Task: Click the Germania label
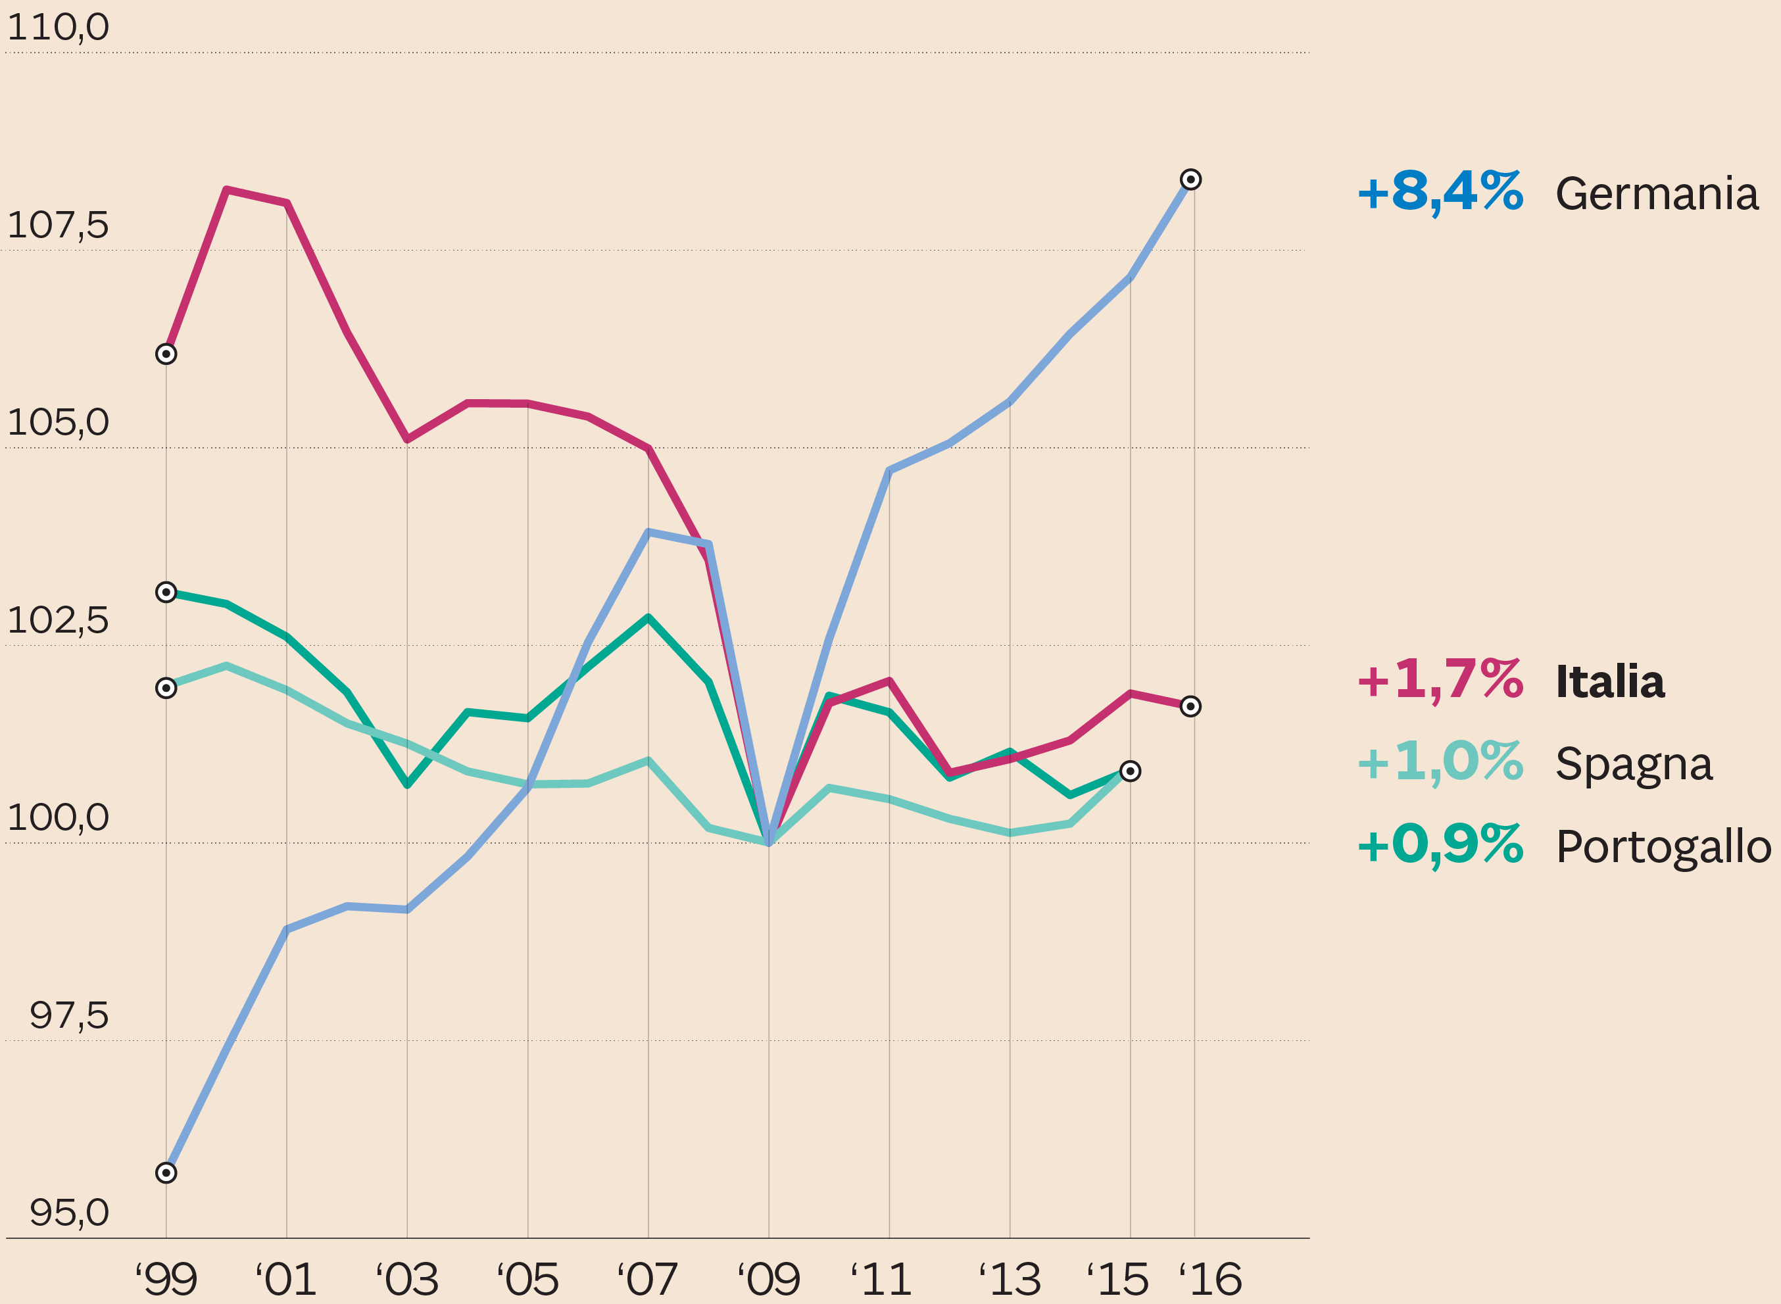pyautogui.click(x=1656, y=194)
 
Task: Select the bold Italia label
pyautogui.click(x=1609, y=682)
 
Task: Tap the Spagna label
pyautogui.click(x=1634, y=764)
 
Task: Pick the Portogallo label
pyautogui.click(x=1663, y=847)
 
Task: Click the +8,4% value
pyautogui.click(x=1440, y=193)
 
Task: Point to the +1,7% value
pyautogui.click(x=1440, y=681)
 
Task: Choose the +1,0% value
pyautogui.click(x=1440, y=763)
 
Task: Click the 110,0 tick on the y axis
pyautogui.click(x=58, y=28)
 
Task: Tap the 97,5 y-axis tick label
pyautogui.click(x=68, y=1015)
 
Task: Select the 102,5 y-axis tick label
pyautogui.click(x=58, y=620)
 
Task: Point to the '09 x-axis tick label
pyautogui.click(x=768, y=1280)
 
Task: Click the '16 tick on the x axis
pyautogui.click(x=1210, y=1280)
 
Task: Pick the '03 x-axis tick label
pyautogui.click(x=406, y=1280)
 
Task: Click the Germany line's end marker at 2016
pyautogui.click(x=1190, y=180)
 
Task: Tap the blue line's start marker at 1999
pyautogui.click(x=166, y=1173)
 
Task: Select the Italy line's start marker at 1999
pyautogui.click(x=166, y=354)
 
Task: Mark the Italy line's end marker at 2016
pyautogui.click(x=1190, y=706)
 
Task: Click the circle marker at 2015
pyautogui.click(x=1131, y=771)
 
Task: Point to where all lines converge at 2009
pyautogui.click(x=769, y=842)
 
